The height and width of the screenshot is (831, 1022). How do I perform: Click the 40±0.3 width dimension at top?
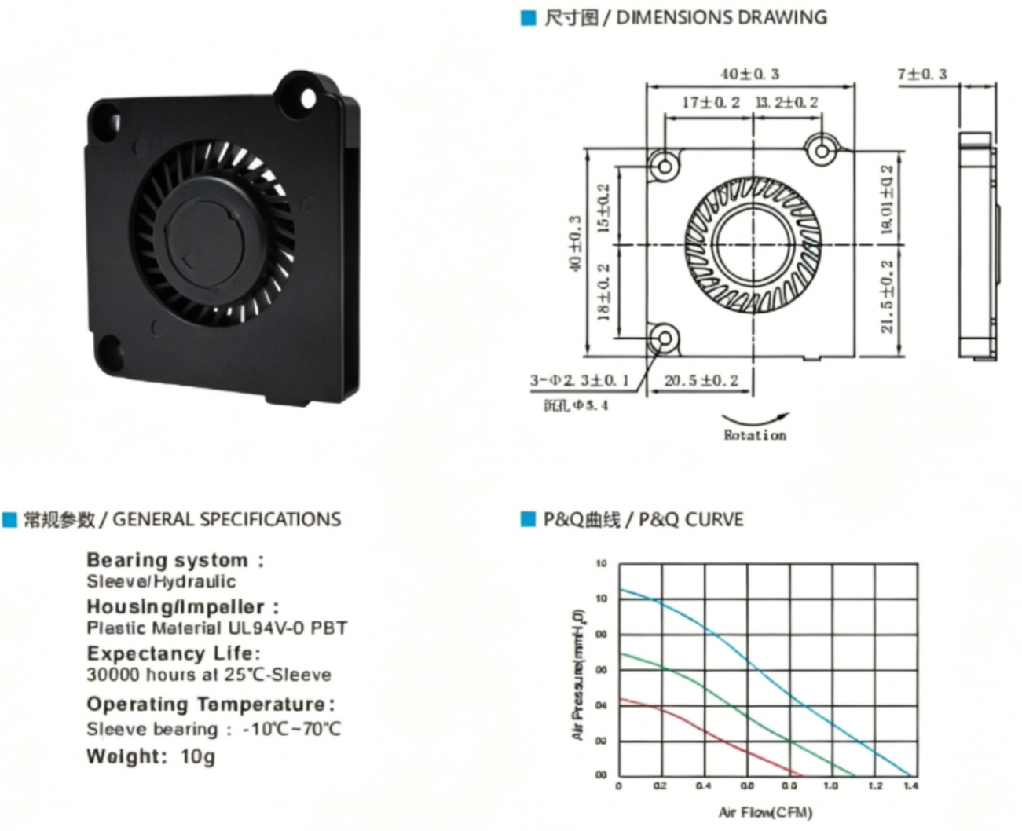coord(750,74)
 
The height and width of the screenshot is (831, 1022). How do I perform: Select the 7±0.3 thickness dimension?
coord(922,74)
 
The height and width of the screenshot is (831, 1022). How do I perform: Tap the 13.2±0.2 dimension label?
coord(786,102)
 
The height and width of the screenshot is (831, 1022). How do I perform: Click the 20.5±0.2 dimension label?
coord(701,381)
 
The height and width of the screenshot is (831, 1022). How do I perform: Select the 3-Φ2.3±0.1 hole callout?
coord(580,381)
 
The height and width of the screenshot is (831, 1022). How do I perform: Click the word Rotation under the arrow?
coord(755,435)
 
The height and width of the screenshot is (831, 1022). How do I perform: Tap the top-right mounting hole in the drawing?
coord(822,148)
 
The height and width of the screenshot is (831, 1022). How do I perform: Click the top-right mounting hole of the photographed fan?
coord(307,98)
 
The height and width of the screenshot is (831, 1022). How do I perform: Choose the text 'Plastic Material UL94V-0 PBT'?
coord(217,628)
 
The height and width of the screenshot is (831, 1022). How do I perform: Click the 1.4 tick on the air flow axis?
coord(910,785)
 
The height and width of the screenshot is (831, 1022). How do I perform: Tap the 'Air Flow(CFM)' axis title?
coord(765,811)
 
